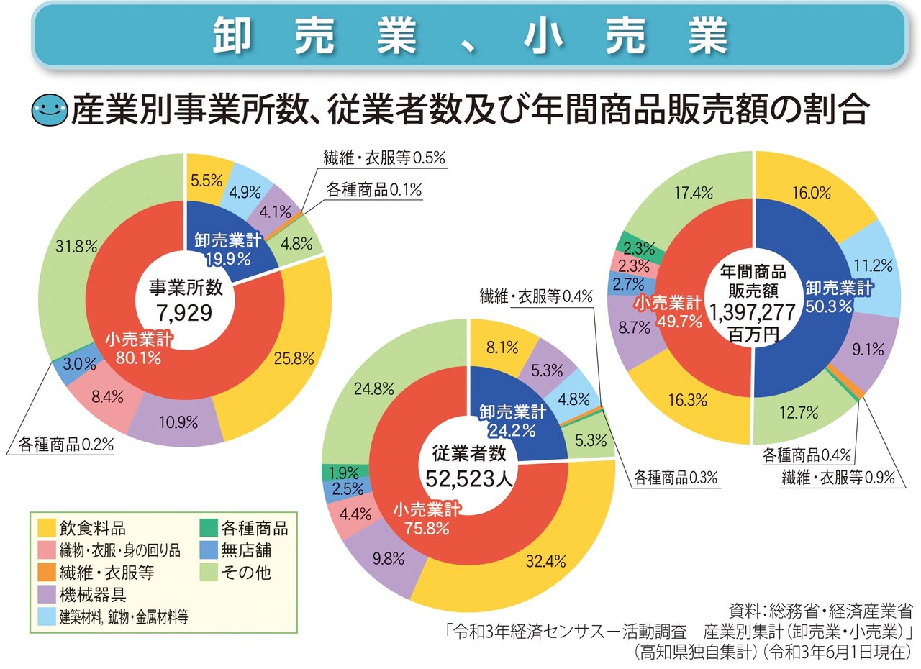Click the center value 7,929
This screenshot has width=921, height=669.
pos(186,314)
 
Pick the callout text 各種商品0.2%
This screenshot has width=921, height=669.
pos(65,444)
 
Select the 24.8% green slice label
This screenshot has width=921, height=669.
pos(374,389)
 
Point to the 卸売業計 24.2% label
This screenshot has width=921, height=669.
pos(512,421)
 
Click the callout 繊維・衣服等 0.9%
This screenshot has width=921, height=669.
pos(838,475)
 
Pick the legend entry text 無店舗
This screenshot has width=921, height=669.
pos(247,550)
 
